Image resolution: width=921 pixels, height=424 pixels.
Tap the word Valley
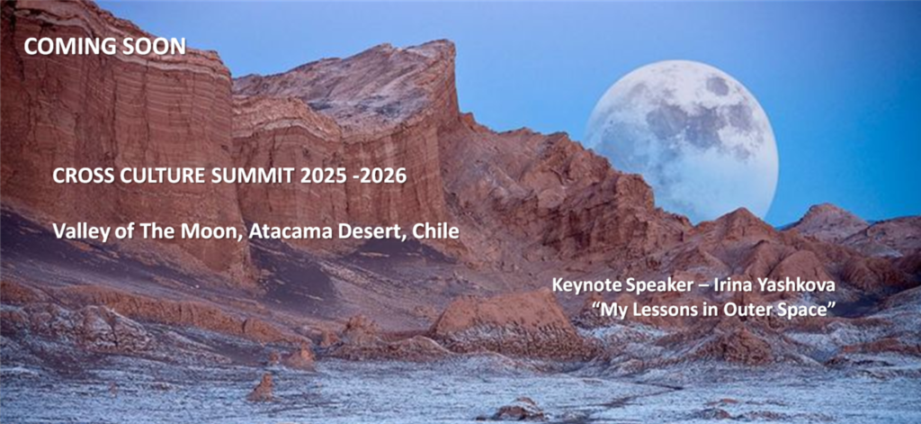pos(74,231)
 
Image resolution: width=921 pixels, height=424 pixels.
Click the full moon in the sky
pos(681,141)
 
